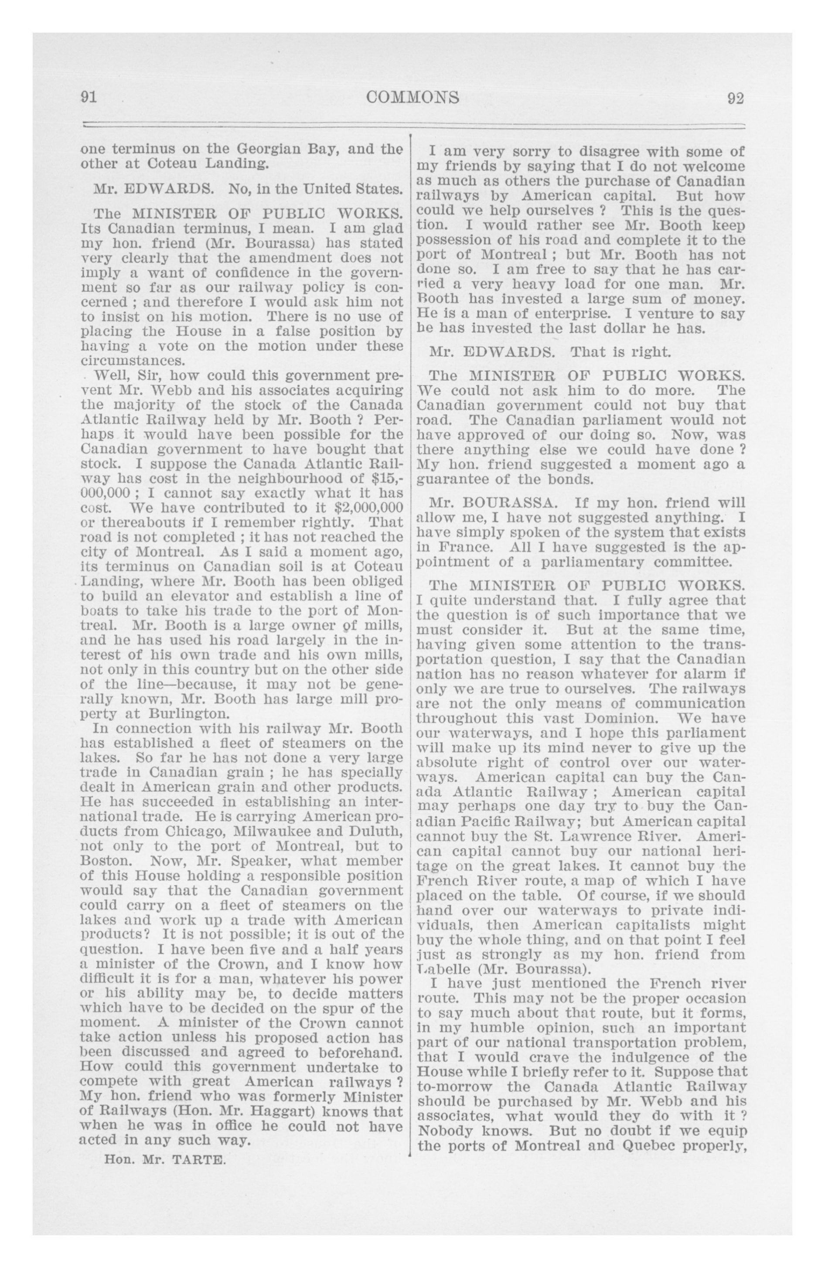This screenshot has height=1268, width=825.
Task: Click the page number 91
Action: pos(88,98)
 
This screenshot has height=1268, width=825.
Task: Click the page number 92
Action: pos(736,99)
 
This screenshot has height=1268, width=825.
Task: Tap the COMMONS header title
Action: pos(413,98)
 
